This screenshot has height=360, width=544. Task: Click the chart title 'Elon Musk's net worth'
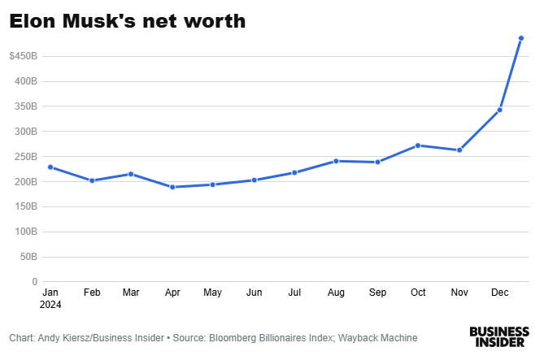pyautogui.click(x=127, y=22)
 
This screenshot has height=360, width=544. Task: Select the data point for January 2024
pyautogui.click(x=50, y=167)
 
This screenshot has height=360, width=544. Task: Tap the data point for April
pyautogui.click(x=172, y=187)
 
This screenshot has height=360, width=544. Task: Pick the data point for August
pyautogui.click(x=336, y=161)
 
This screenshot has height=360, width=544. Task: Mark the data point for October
pyautogui.click(x=417, y=145)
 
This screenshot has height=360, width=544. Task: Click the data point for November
pyautogui.click(x=459, y=150)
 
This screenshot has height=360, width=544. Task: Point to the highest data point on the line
pyautogui.click(x=521, y=38)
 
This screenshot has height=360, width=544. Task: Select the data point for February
pyautogui.click(x=92, y=180)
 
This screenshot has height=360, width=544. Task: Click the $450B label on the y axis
pyautogui.click(x=23, y=56)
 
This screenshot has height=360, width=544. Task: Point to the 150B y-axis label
pyautogui.click(x=26, y=206)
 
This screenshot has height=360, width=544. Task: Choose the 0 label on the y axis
pyautogui.click(x=34, y=282)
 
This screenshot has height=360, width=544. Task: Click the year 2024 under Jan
pyautogui.click(x=50, y=306)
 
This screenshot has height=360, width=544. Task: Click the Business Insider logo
pyautogui.click(x=498, y=337)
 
